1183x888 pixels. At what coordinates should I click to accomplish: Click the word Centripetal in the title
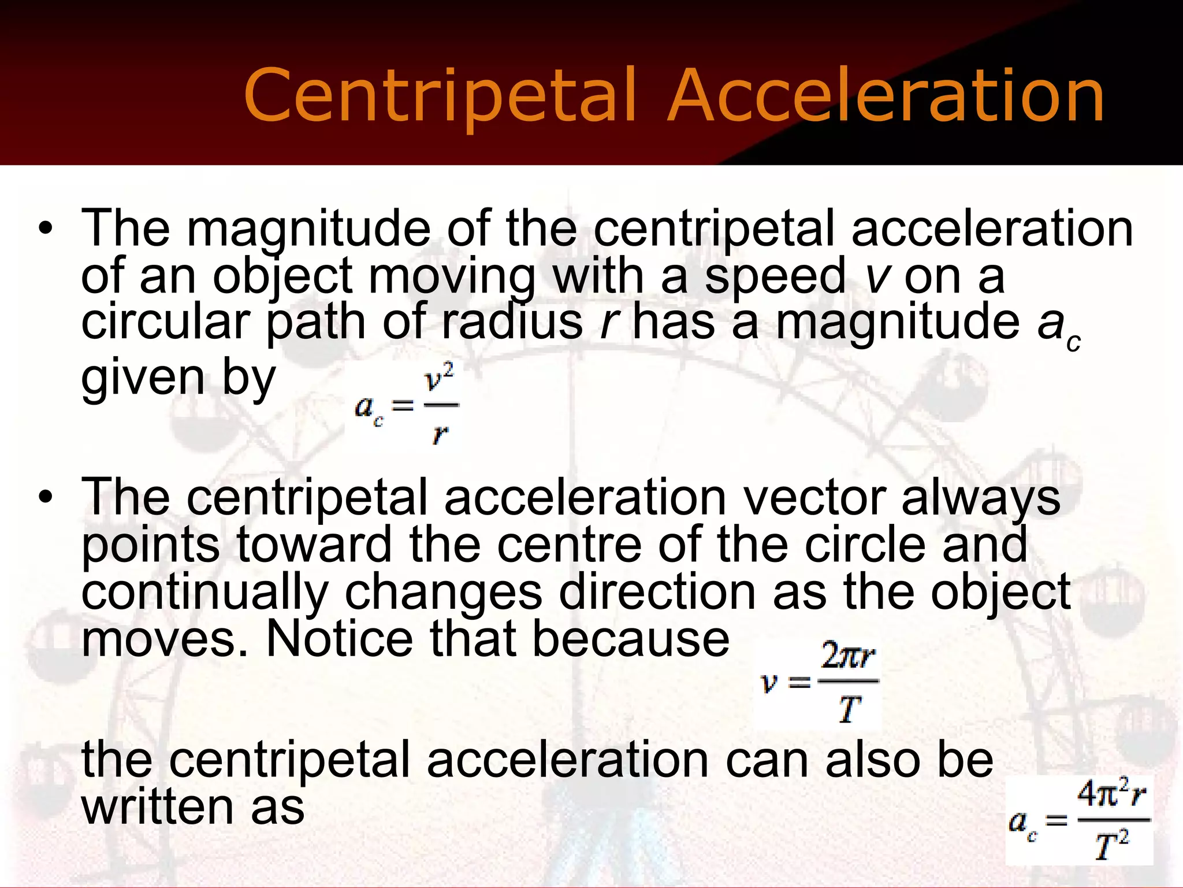tap(439, 97)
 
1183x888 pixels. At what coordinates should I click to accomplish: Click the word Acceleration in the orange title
tap(886, 96)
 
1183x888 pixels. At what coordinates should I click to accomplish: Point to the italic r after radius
tap(607, 323)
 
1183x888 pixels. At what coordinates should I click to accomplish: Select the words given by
tap(178, 378)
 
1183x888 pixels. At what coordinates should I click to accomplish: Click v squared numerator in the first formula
tap(439, 379)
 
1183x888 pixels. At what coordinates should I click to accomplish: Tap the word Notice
tap(339, 639)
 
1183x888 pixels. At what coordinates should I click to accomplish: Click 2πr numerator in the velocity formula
tap(848, 657)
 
